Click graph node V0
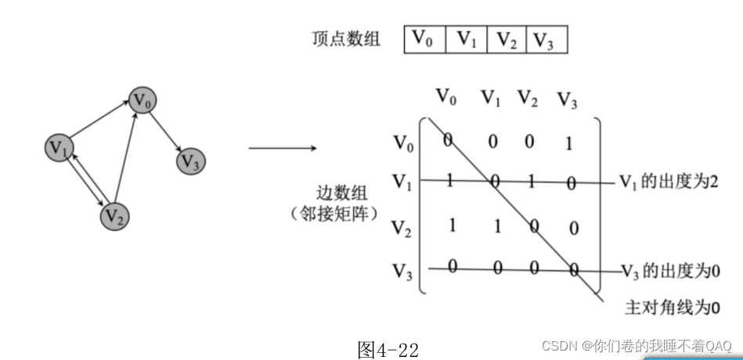[142, 100]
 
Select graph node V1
[60, 146]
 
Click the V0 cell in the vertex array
[424, 38]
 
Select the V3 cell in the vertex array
[545, 38]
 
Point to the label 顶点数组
[345, 38]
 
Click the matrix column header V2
[528, 98]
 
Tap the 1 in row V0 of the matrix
[568, 142]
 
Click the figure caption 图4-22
[388, 349]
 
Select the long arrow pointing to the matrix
[282, 146]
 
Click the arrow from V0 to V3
[166, 131]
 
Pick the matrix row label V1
[402, 183]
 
